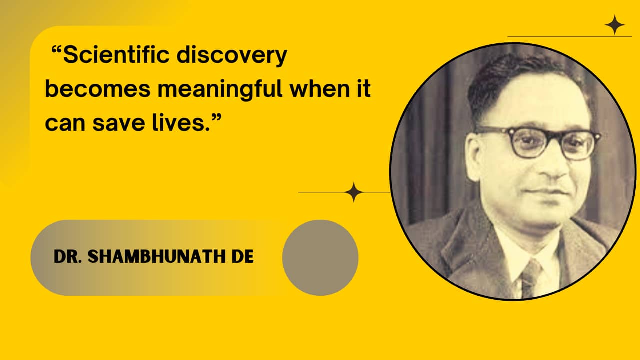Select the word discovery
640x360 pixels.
point(232,56)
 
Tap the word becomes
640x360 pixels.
point(97,88)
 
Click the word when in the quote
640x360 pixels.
point(320,88)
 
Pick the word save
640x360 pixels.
point(118,123)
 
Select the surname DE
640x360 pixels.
point(243,256)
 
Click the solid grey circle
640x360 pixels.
point(320,257)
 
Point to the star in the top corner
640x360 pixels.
point(615,25)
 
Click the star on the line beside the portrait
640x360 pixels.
point(354,192)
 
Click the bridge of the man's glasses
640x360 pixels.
point(554,136)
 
